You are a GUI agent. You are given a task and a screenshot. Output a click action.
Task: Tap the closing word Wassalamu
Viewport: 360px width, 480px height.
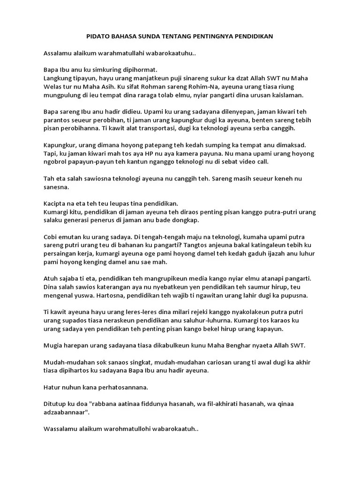click(x=61, y=429)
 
